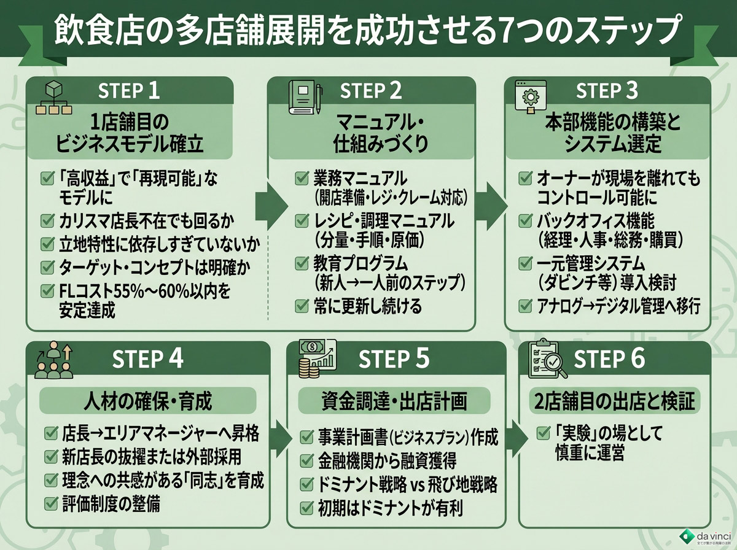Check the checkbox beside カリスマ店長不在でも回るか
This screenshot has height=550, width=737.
pyautogui.click(x=47, y=220)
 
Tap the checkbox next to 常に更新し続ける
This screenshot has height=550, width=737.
pyautogui.click(x=302, y=305)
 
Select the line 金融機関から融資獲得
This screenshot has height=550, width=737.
pyautogui.click(x=387, y=460)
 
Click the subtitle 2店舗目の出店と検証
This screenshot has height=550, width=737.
pyautogui.click(x=614, y=402)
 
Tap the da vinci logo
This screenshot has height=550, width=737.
pyautogui.click(x=703, y=535)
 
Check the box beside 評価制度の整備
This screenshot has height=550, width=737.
pyautogui.click(x=51, y=504)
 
